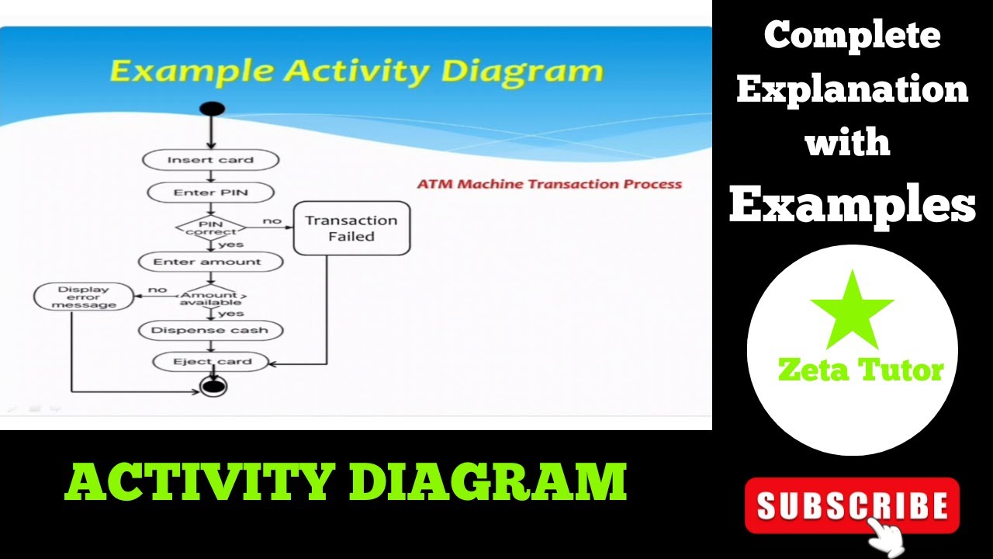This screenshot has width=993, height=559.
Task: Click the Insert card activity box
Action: (210, 160)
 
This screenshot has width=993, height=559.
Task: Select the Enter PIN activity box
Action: (210, 192)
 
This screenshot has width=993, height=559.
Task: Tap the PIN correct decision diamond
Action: (210, 227)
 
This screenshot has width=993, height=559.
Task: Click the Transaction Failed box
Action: (351, 228)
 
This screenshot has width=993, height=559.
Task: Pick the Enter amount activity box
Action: (207, 262)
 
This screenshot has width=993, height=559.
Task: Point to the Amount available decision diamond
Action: (210, 298)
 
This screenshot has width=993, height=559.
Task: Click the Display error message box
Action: (83, 297)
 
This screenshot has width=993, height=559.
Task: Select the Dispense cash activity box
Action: (209, 330)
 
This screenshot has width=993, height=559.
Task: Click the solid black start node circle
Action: (212, 109)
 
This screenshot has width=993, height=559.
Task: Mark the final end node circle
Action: (213, 386)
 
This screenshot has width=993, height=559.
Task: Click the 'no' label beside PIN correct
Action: (272, 221)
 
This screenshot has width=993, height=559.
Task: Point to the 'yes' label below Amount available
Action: (231, 314)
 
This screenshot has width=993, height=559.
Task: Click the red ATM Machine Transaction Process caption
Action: (549, 184)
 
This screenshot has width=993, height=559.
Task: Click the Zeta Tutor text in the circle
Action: (860, 370)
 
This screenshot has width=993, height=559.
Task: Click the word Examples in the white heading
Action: (852, 205)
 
